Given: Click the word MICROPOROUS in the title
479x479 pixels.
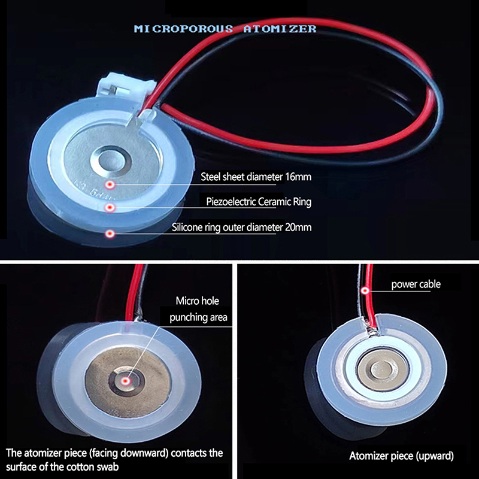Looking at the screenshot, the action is click(183, 29).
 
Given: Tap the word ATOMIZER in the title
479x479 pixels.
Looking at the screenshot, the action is click(280, 29).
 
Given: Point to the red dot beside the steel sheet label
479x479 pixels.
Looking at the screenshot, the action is click(110, 184).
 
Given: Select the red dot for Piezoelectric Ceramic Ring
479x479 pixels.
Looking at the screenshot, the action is click(110, 208).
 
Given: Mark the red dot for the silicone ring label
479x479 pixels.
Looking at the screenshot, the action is click(110, 234).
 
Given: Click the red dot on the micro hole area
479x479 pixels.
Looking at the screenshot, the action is click(125, 381).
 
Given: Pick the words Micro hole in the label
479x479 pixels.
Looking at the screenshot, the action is click(198, 301).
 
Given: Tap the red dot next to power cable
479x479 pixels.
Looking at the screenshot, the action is click(365, 290).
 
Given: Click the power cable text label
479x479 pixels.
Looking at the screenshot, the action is click(416, 284).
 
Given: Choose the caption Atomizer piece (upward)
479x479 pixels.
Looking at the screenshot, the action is click(401, 456).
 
